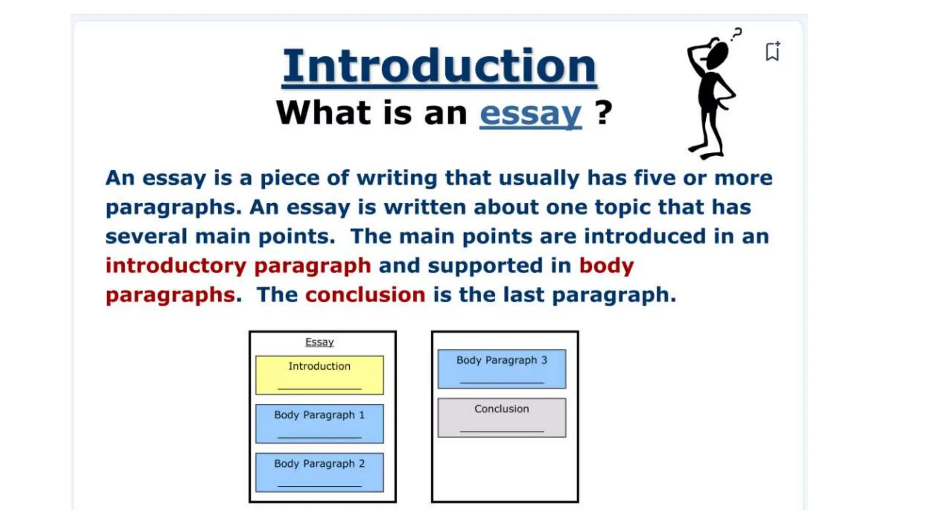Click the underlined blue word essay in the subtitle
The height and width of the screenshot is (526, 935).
(x=531, y=113)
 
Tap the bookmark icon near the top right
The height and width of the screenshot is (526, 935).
(x=772, y=51)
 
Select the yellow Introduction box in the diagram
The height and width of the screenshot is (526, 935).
(x=320, y=375)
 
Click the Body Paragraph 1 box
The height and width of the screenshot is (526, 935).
(x=320, y=423)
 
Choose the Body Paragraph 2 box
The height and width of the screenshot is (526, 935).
(x=320, y=472)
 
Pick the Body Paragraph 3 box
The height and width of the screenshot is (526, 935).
(x=502, y=369)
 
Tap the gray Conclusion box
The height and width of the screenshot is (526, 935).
(x=502, y=417)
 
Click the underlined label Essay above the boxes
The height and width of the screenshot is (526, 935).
(x=320, y=342)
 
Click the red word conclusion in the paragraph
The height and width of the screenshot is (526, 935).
(x=365, y=295)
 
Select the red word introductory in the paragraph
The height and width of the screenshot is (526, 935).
(x=176, y=265)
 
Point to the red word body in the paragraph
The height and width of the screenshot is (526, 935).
(x=607, y=265)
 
